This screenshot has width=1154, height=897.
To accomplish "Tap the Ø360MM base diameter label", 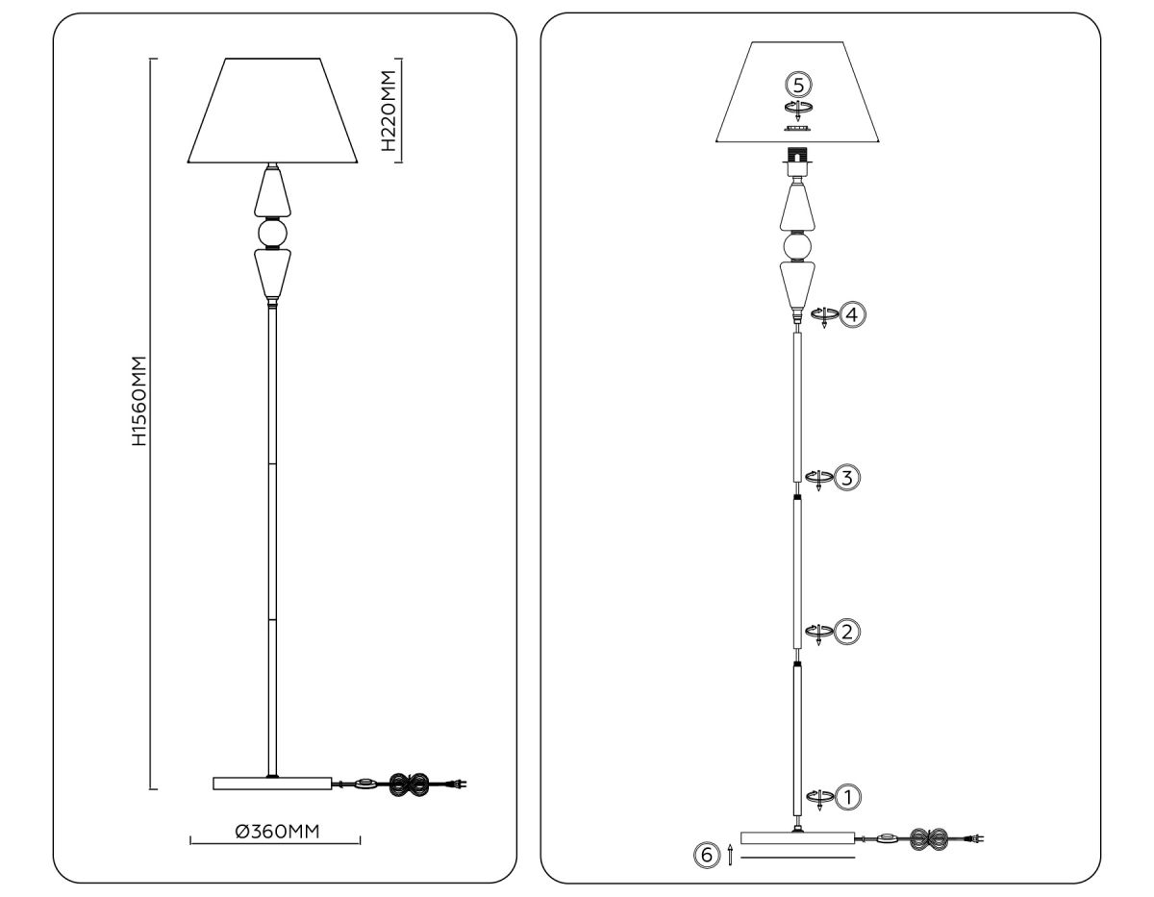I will [277, 832].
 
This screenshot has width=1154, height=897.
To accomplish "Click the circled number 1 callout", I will [848, 796].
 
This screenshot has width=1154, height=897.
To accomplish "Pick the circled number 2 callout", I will [846, 632].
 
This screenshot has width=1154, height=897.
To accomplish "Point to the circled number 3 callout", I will [846, 477].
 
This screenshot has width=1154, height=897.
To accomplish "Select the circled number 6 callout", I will [706, 854].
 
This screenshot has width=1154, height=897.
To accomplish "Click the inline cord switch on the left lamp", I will [365, 785].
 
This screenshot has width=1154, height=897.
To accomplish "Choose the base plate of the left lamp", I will [271, 784].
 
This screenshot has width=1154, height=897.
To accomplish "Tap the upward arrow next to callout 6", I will [731, 854].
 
